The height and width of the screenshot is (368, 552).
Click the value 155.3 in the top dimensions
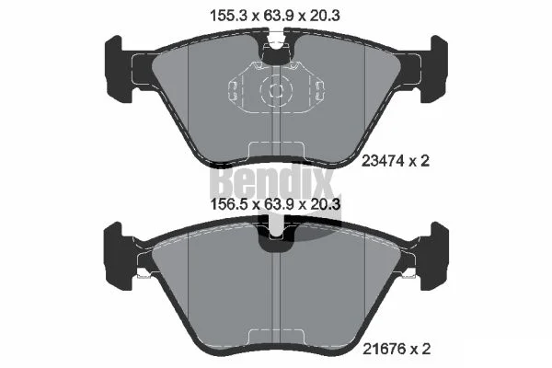[229, 16]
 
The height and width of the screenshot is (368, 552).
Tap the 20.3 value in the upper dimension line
[324, 16]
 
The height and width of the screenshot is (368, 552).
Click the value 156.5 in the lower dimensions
[229, 204]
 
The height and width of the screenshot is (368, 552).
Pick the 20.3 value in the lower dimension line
[324, 204]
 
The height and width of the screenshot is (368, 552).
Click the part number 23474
[383, 161]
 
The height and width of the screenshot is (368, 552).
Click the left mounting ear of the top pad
[120, 69]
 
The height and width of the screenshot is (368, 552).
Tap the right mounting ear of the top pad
[432, 69]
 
